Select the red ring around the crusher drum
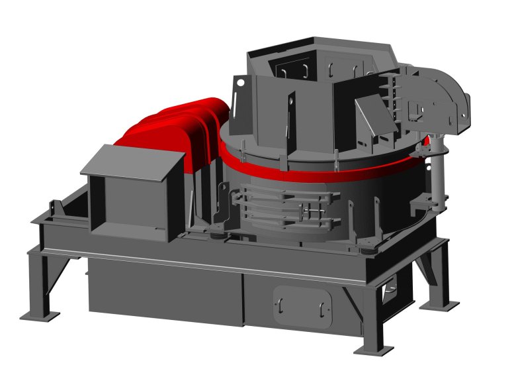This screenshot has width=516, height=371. coord(331,172)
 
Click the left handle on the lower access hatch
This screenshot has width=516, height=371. coord(279,304)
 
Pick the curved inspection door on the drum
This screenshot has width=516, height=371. coord(284,209)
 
